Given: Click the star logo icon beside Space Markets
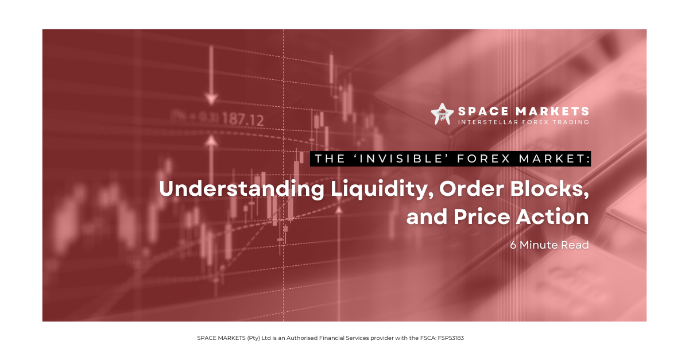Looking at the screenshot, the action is coord(442,114).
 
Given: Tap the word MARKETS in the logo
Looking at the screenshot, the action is coord(552,111).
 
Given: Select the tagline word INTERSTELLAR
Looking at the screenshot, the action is coord(488,122).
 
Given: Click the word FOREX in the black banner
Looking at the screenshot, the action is coord(484,159).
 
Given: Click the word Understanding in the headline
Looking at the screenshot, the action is coord(242,189).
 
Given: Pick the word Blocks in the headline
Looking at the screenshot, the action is coord(549,188).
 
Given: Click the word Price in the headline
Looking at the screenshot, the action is coord(482,216).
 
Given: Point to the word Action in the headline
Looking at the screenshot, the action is coord(552,216).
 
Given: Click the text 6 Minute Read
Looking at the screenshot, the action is coord(549,245).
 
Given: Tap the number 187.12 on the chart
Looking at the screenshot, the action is coord(242,119).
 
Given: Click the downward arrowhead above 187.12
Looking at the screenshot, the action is coord(211,99).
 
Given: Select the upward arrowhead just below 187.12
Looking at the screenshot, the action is coord(211,141).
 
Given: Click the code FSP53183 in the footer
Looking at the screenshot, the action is coord(451,338).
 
